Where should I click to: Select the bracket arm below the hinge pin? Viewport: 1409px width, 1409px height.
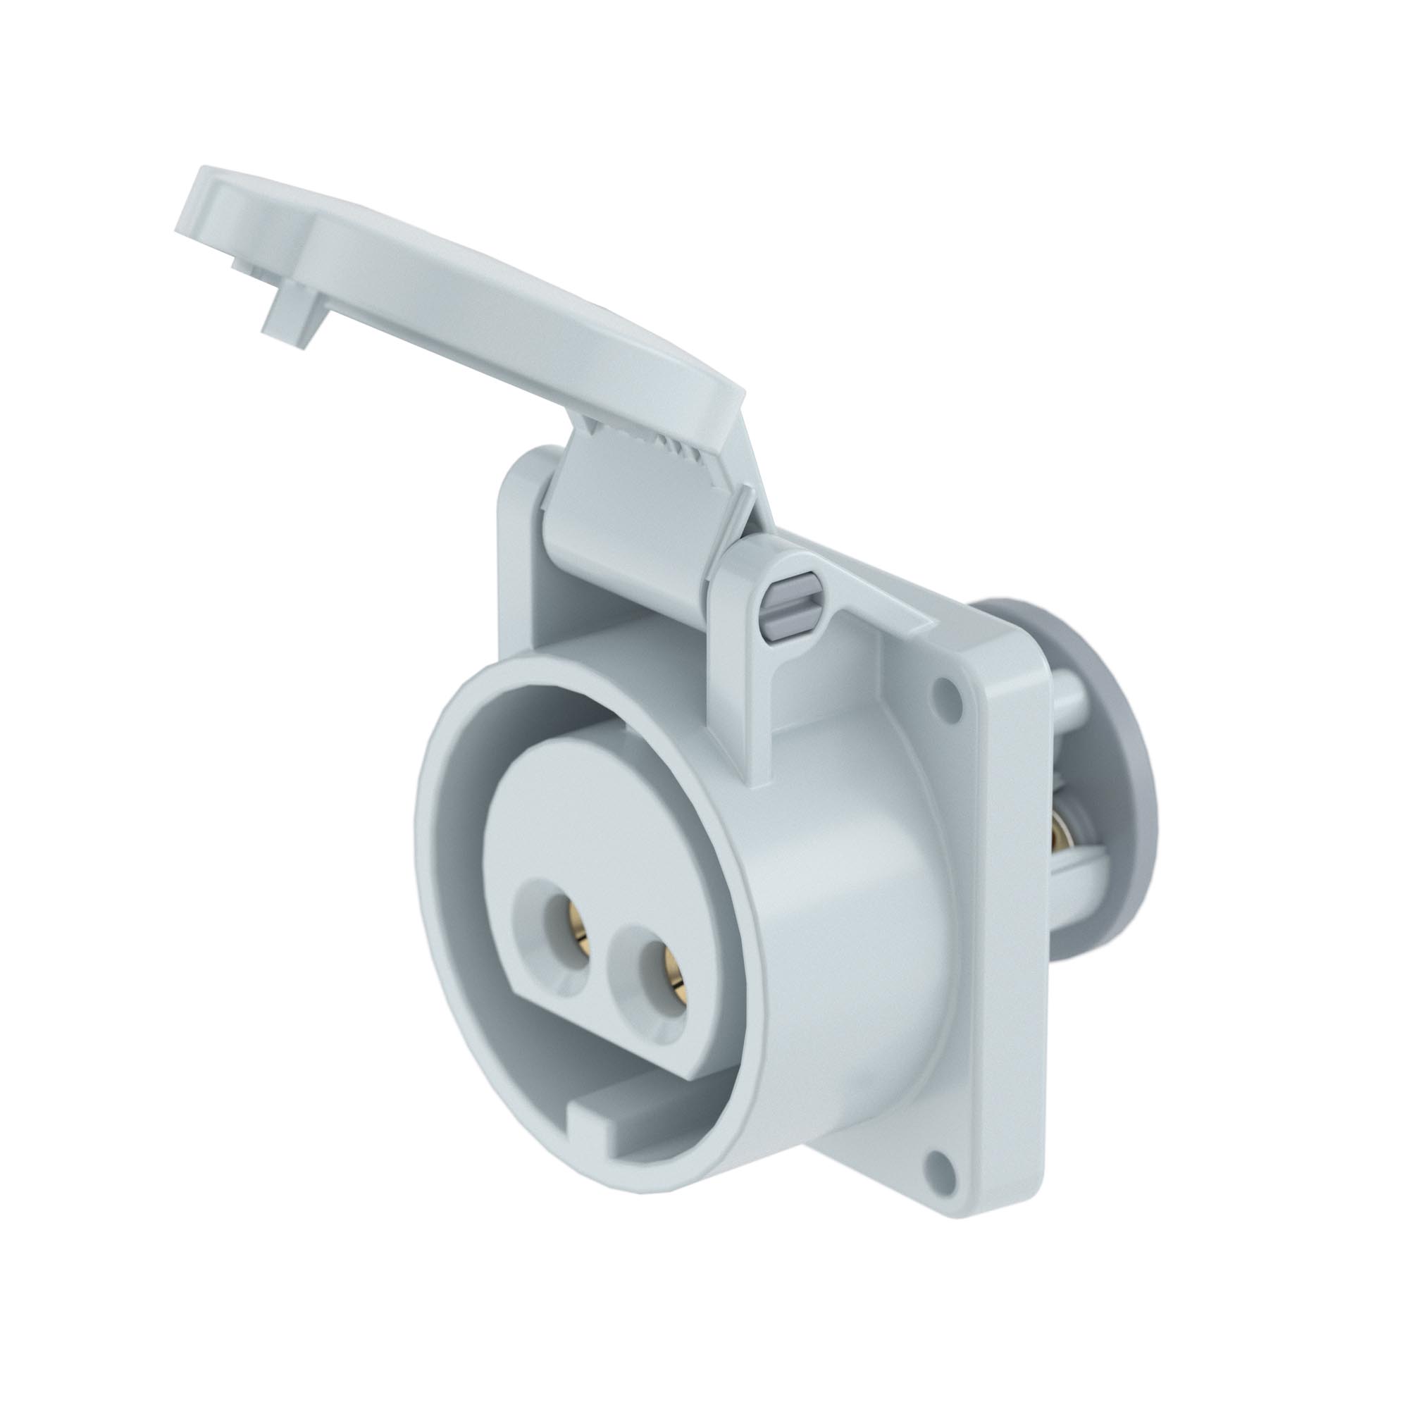[744, 714]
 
